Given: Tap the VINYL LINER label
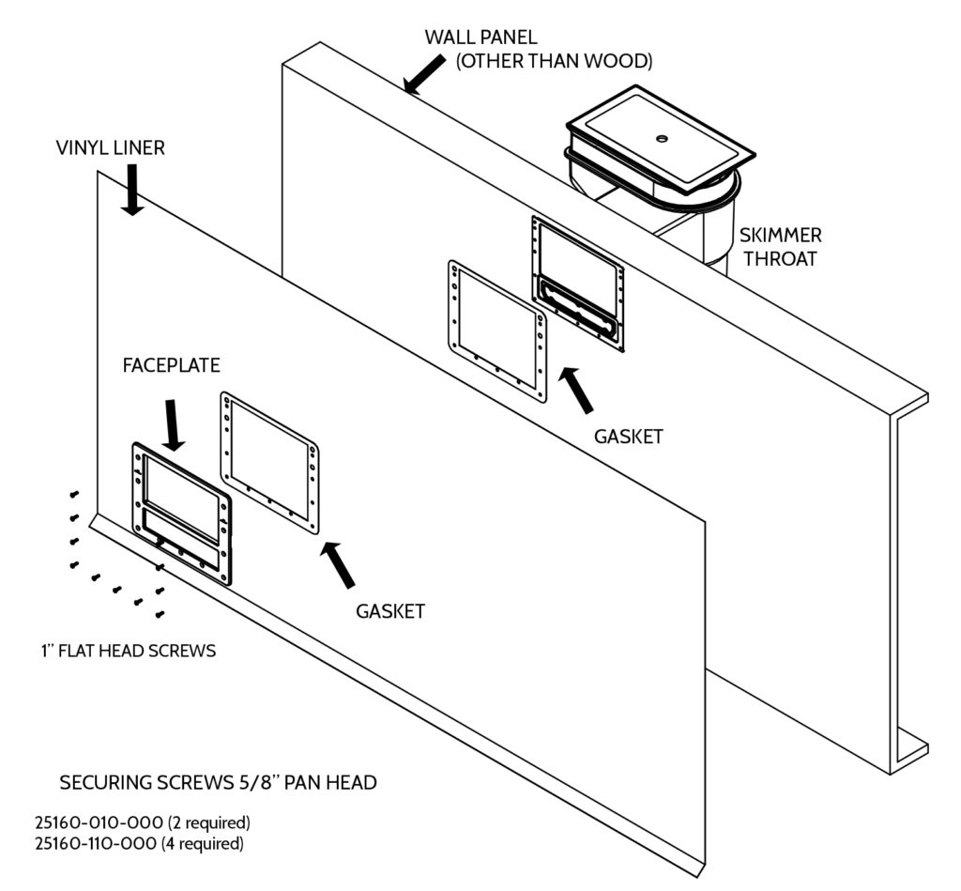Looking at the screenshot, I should pos(110,147).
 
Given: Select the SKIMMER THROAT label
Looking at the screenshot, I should pos(778,247).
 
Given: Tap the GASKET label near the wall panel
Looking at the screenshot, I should pos(629,437).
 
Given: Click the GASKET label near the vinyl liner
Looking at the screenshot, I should pos(390,611).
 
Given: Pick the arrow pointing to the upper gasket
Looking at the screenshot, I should pos(576,390).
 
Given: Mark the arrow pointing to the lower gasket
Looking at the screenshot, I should pos(339,565).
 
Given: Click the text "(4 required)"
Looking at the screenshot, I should pos(211,843).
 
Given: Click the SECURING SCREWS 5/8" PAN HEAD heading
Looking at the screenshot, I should pos(219,782).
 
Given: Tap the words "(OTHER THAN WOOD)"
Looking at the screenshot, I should pos(554,61).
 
